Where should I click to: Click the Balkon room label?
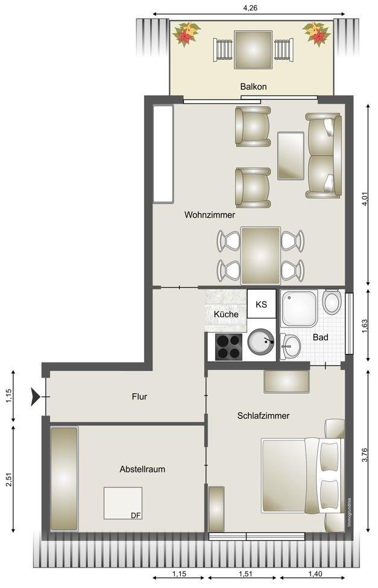click(x=253, y=87)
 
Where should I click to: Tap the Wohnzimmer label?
click(x=210, y=215)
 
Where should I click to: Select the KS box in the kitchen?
click(x=262, y=304)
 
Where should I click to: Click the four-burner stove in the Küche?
click(x=228, y=347)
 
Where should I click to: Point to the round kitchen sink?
click(x=261, y=342)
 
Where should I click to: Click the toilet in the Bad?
click(x=332, y=302)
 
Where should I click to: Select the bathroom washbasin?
click(x=291, y=346)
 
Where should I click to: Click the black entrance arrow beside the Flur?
click(x=36, y=397)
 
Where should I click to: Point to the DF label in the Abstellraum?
click(x=136, y=516)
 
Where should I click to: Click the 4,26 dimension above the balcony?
click(x=250, y=7)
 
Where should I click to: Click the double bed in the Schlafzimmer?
click(x=303, y=475)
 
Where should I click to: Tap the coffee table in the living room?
click(x=291, y=156)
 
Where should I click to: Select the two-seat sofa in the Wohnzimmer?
click(x=324, y=156)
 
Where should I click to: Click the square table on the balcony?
click(x=253, y=49)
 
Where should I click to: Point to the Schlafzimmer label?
click(x=263, y=416)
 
